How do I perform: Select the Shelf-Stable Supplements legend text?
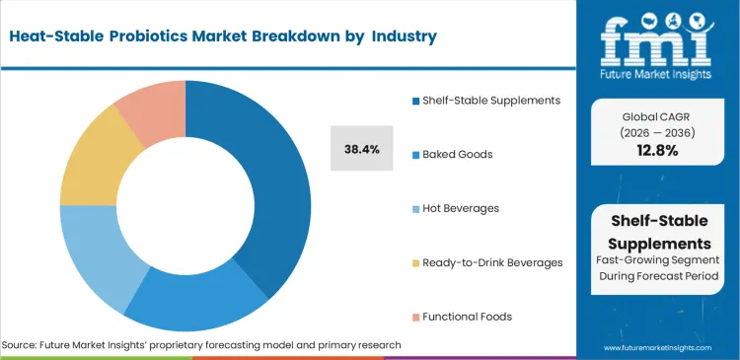pos(490,100)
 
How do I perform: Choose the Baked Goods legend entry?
pos(457,154)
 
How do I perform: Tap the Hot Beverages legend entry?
pos(460,208)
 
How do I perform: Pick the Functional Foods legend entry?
pos(468,317)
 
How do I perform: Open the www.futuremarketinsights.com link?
pos(661,347)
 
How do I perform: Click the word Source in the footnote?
pos(23,345)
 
